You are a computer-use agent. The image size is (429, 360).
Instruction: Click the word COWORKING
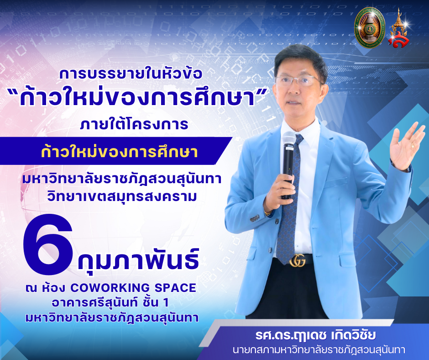click(x=110, y=288)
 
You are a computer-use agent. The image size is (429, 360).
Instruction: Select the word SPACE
click(x=175, y=288)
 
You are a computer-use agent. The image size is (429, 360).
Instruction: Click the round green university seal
click(x=370, y=27)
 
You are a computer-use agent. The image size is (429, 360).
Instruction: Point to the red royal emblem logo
click(x=398, y=29)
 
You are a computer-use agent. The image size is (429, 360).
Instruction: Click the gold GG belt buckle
click(x=298, y=260)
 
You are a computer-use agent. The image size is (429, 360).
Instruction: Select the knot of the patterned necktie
click(x=299, y=140)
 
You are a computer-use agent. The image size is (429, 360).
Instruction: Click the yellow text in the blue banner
click(x=119, y=152)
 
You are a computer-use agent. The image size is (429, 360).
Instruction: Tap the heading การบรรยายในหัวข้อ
click(x=131, y=74)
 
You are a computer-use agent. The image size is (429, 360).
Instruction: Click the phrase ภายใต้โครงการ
click(x=134, y=124)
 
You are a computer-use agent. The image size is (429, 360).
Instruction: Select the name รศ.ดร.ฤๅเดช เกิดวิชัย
click(x=315, y=335)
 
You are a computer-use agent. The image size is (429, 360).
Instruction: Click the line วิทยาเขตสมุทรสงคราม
click(x=122, y=196)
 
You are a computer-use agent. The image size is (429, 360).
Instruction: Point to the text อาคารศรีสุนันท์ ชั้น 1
click(x=110, y=303)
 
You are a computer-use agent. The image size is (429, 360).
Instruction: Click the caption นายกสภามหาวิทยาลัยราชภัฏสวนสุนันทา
click(x=319, y=350)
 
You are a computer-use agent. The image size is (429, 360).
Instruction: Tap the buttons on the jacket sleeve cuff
click(x=255, y=218)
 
